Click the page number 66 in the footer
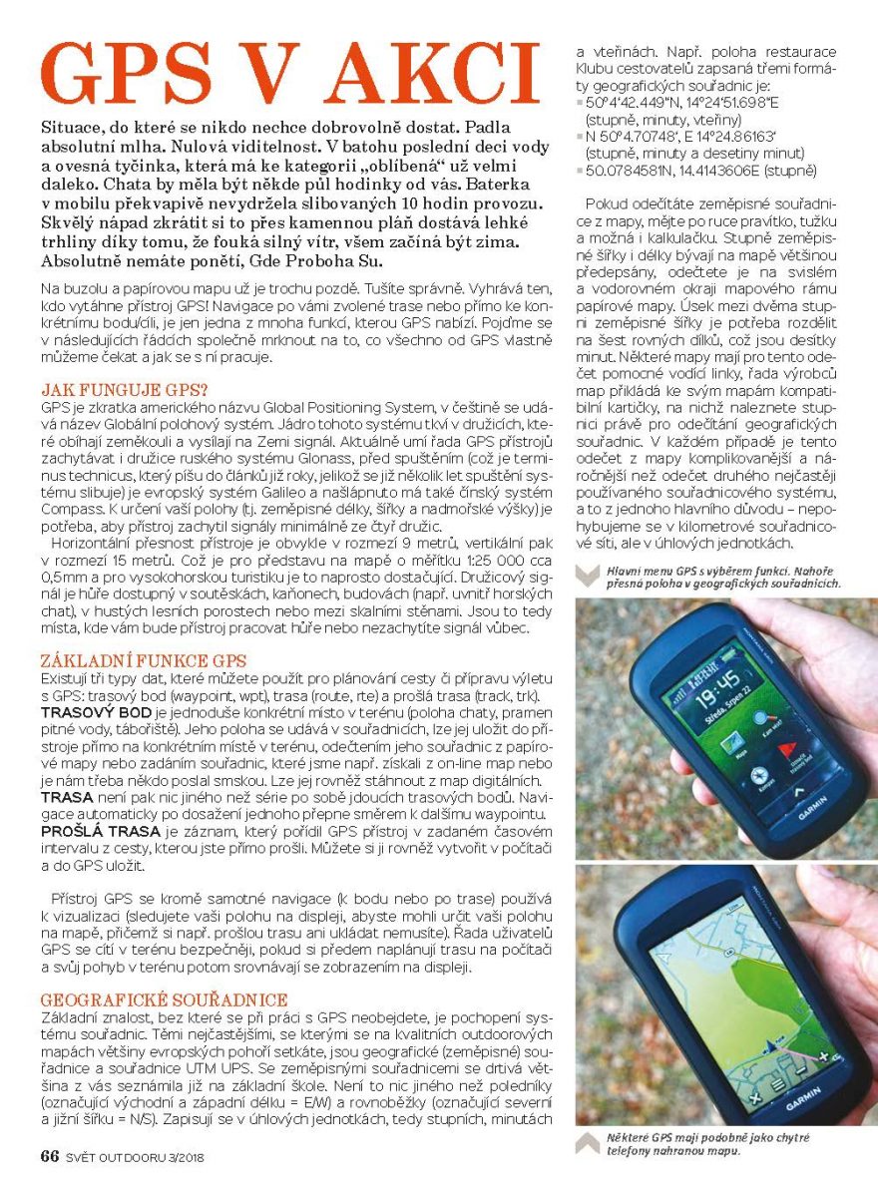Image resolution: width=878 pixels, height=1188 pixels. pyautogui.click(x=50, y=1157)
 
